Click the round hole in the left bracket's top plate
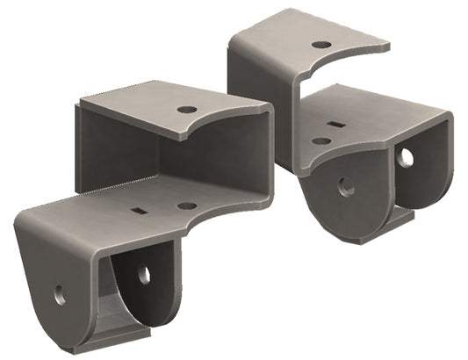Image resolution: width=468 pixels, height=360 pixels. pos(186,110)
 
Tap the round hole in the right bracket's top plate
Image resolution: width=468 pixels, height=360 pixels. pos(321,44)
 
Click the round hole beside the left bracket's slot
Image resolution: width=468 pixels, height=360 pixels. pos(186,205)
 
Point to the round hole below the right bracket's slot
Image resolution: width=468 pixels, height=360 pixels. pos(321,140)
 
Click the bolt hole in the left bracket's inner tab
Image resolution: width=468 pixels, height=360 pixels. pos(144,275)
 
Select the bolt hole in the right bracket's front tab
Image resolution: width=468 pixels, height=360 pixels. pos(346,186)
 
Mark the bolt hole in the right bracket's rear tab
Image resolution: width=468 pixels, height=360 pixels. pos(405,157)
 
